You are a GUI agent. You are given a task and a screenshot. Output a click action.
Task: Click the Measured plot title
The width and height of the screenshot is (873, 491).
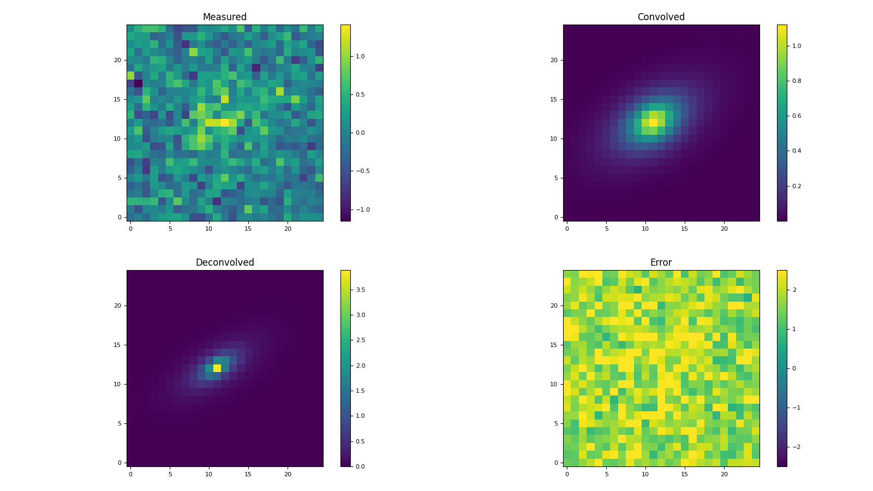(224, 17)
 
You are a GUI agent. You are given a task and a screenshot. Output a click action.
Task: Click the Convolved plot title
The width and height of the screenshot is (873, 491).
(661, 17)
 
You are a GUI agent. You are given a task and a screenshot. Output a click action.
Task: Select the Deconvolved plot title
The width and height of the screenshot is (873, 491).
(224, 262)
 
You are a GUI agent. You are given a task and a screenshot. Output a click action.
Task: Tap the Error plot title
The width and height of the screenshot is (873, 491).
(661, 262)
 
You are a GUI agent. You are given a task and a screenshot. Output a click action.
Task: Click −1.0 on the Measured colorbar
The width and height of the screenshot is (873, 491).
(362, 209)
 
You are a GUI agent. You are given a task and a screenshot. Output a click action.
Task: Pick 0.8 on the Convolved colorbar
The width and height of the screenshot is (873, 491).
(797, 81)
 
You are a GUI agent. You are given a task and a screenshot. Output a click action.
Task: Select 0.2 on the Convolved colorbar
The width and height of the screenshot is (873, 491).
(797, 186)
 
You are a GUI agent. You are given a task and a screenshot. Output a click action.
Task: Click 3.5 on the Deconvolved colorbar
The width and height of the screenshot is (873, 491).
(361, 290)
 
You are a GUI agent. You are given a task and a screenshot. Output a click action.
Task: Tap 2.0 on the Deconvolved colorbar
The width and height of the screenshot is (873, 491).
(361, 366)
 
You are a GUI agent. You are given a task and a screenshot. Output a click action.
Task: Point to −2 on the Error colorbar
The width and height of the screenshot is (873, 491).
(793, 447)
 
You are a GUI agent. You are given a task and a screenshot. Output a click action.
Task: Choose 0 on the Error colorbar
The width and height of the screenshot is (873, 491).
(794, 368)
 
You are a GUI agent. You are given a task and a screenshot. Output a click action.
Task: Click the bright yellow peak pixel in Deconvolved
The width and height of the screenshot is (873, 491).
(217, 368)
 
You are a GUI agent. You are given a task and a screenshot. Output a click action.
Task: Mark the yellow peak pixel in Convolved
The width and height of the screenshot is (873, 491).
(653, 123)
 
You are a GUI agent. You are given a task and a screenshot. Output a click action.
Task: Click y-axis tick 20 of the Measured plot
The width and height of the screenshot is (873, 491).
(117, 60)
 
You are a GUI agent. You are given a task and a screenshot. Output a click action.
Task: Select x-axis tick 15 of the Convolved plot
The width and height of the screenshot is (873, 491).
(685, 229)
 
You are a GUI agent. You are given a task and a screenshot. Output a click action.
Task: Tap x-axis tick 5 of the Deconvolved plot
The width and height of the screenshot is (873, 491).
(170, 474)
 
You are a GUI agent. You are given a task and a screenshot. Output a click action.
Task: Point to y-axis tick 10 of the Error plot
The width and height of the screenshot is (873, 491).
(553, 384)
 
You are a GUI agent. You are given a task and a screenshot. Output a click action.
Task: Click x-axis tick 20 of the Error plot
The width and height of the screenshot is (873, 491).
(724, 474)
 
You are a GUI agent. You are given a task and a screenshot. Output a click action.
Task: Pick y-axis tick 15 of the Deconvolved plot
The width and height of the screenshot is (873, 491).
(117, 345)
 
